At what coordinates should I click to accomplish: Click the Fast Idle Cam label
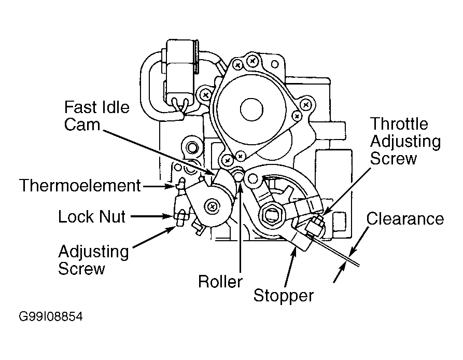96,116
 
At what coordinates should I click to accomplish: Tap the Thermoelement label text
80,186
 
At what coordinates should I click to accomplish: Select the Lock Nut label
92,216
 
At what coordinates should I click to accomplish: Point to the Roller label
220,281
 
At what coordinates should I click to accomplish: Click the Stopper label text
284,296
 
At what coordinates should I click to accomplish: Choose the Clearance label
405,219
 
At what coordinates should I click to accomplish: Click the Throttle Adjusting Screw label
405,141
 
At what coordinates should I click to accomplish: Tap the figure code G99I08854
51,316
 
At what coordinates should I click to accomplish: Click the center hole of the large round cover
251,109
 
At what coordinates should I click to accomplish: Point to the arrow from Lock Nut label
152,216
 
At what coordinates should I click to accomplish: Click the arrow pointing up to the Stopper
290,267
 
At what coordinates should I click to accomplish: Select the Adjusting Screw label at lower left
93,260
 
